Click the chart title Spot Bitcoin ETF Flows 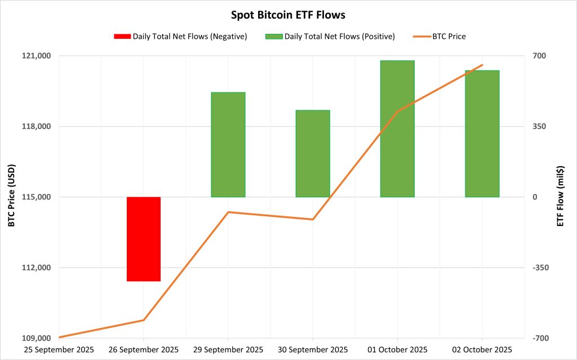click(288, 15)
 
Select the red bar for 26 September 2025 click(144, 239)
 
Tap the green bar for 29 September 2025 click(228, 145)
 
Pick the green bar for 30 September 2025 click(313, 153)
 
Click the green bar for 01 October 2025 click(397, 128)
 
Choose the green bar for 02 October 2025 click(482, 134)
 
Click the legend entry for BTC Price click(441, 37)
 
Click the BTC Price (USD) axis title click(11, 197)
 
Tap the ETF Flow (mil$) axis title click(561, 197)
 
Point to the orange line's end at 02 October click(482, 65)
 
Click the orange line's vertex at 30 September click(313, 219)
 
